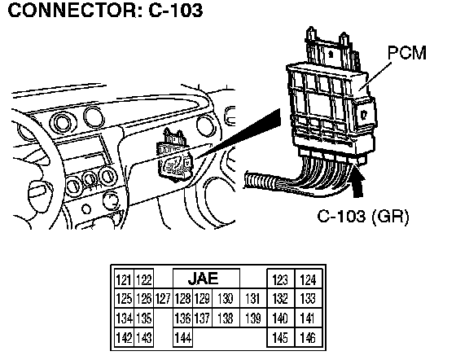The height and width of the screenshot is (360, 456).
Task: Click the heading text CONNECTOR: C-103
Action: click(105, 11)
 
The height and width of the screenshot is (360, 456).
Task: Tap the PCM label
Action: click(406, 53)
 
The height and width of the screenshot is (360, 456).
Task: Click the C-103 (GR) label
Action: click(363, 216)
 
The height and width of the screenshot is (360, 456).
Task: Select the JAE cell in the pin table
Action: click(206, 279)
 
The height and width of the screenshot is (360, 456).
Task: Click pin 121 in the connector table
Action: click(124, 279)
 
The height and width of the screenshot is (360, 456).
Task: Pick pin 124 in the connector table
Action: click(308, 279)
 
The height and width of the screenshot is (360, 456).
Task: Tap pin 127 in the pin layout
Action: click(163, 299)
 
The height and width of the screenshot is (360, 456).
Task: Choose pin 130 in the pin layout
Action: click(226, 299)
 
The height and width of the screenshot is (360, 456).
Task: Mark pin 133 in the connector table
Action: click(308, 299)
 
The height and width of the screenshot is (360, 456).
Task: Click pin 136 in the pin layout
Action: click(182, 318)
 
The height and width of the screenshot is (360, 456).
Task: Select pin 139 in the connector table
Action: click(252, 318)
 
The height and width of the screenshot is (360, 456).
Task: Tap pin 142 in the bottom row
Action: click(124, 337)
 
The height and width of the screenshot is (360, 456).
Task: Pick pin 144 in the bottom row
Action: click(182, 337)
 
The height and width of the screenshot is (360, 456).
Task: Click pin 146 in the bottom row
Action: click(308, 337)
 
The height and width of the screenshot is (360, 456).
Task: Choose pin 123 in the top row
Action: click(280, 279)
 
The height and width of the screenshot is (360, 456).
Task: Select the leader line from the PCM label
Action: click(375, 77)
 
